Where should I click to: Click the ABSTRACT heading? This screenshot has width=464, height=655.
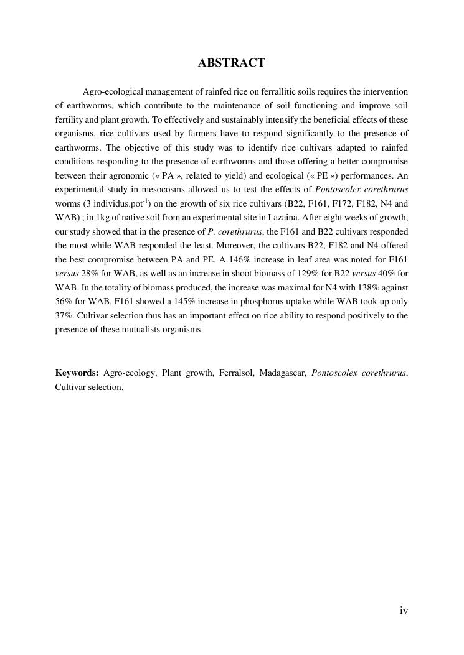point(232,63)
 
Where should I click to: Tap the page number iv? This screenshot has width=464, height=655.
point(404,611)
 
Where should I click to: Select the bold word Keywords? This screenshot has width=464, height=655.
point(77,373)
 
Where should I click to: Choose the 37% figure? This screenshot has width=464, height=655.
point(64,315)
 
